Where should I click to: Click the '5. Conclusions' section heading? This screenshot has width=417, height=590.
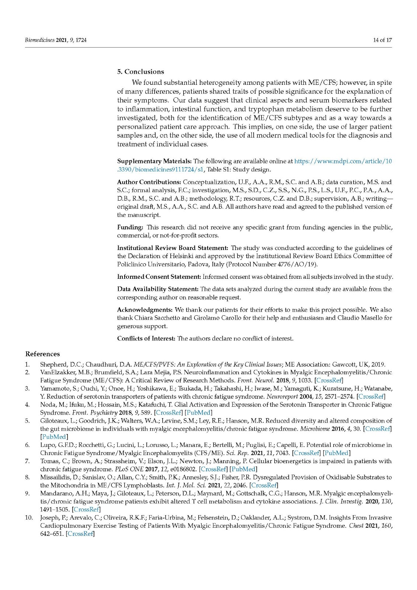[x=140, y=72]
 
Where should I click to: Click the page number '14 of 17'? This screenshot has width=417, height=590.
[x=382, y=40]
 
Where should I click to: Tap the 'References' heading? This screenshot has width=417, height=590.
[x=42, y=354]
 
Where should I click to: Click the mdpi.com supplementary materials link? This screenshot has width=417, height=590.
[x=343, y=162]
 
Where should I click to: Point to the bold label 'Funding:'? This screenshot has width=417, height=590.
[x=130, y=227]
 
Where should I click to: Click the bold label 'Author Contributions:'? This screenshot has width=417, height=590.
[x=149, y=182]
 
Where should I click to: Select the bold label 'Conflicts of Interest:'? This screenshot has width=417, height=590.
[x=146, y=339]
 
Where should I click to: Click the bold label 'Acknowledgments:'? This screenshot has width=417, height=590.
[x=145, y=310]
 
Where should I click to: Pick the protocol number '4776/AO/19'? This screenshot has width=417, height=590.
[x=301, y=264]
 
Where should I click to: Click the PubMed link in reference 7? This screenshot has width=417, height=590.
[x=243, y=469]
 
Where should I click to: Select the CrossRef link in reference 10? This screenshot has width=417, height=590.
[x=80, y=534]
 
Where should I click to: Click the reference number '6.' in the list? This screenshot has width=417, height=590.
[x=27, y=445]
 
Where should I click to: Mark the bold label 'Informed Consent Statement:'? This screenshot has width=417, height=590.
[x=159, y=277]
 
